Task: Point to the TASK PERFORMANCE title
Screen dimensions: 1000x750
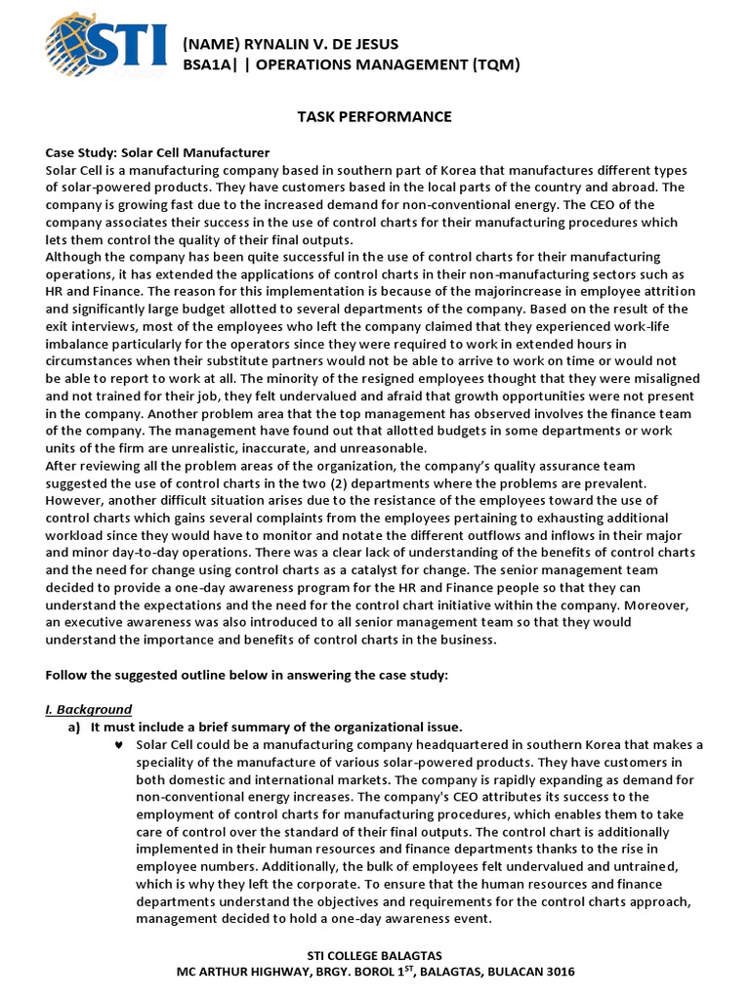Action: (x=374, y=116)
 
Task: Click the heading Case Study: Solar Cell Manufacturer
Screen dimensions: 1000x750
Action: (x=157, y=153)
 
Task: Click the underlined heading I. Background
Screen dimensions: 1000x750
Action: (x=89, y=709)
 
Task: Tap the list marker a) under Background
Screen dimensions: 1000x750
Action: (x=73, y=728)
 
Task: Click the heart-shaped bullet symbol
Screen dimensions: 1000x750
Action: (x=118, y=745)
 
